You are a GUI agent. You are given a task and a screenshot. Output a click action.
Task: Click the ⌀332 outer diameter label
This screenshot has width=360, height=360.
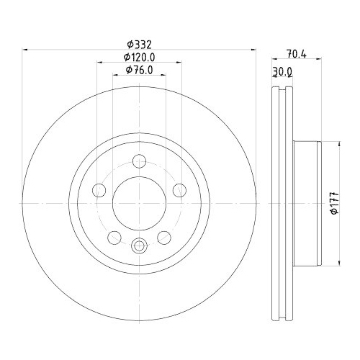point(139,43)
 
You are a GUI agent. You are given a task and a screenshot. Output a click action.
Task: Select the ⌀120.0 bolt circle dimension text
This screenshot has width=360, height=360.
point(139,56)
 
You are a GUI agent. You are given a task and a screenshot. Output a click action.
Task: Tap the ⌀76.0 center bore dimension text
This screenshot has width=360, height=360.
point(139,69)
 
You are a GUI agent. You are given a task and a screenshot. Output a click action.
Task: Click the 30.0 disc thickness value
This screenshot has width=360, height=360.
point(282,71)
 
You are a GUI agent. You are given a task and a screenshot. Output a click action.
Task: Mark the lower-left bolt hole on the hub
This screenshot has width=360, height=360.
point(113,238)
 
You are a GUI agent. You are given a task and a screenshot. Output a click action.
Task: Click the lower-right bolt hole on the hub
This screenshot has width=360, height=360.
point(164,238)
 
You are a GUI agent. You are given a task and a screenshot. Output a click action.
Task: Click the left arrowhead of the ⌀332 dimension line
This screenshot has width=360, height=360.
point(26,50)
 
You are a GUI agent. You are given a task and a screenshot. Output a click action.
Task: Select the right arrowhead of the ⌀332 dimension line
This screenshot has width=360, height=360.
point(254,50)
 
